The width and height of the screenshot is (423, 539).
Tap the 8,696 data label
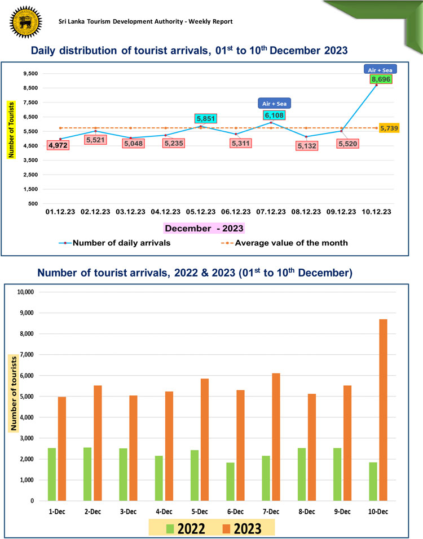(381, 79)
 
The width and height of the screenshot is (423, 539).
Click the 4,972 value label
(59, 145)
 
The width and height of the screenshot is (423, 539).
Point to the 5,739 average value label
(390, 128)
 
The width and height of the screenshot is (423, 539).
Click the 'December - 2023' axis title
(204, 229)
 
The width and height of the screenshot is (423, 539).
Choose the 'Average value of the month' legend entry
(291, 243)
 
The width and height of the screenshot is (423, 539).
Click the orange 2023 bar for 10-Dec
(384, 410)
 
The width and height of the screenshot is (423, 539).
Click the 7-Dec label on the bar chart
(272, 511)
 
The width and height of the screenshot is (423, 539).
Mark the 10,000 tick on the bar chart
(26, 292)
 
